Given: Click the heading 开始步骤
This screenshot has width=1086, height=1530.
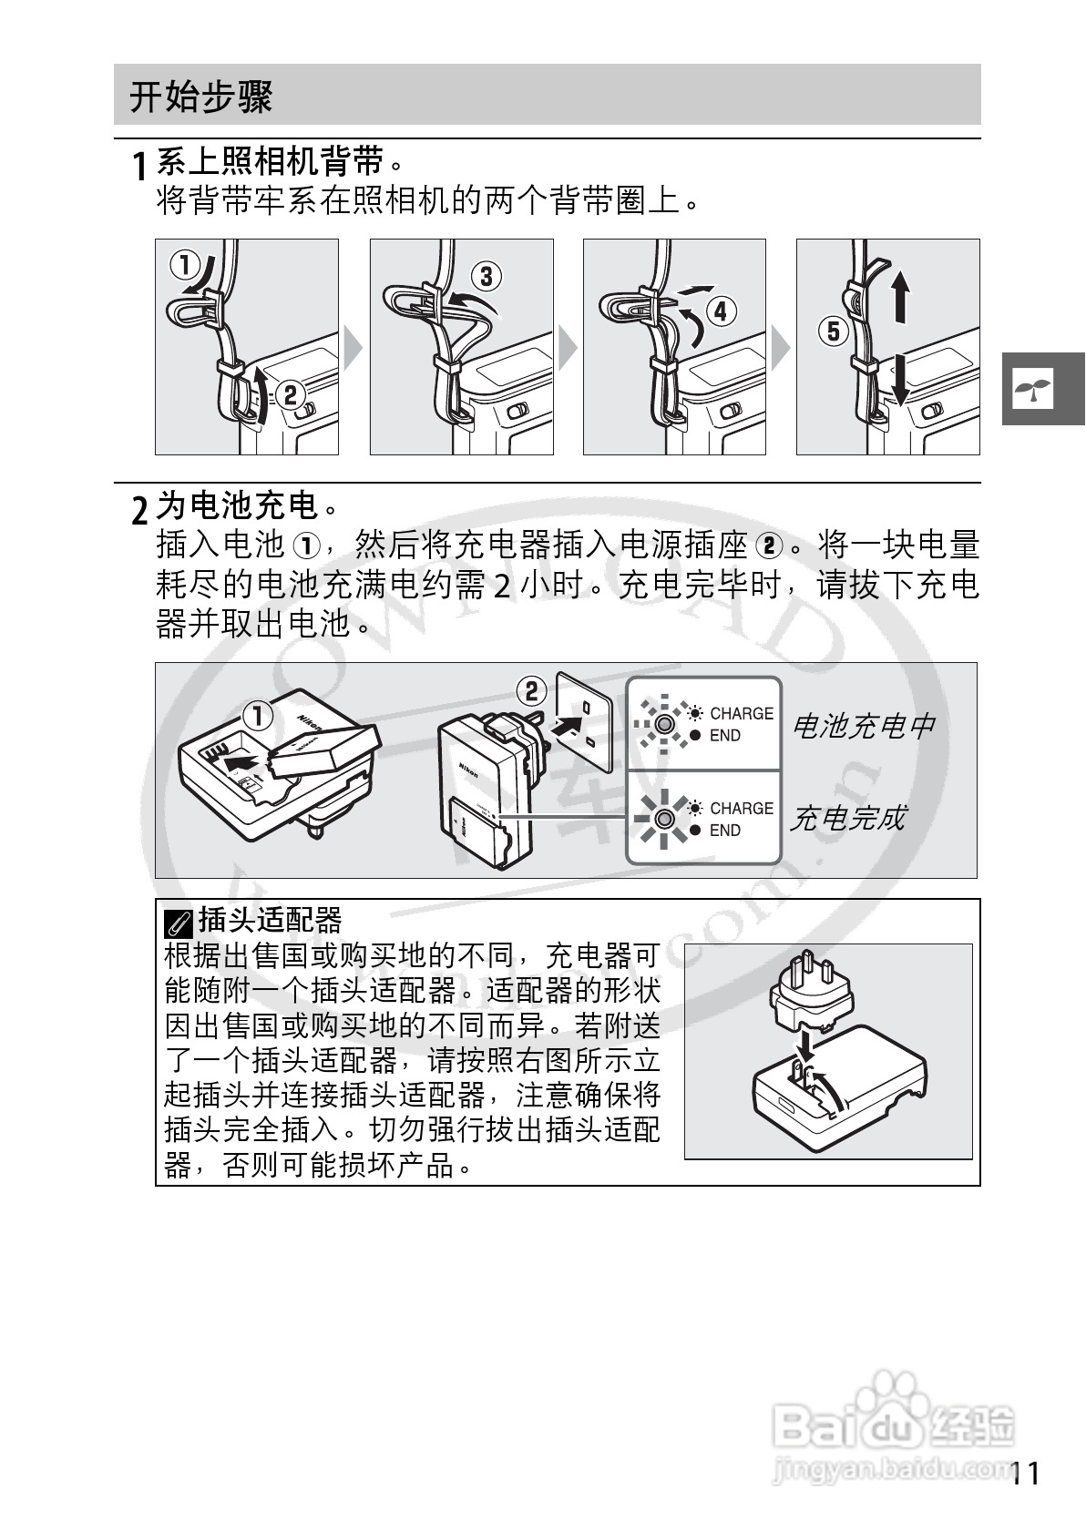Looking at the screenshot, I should coord(200,97).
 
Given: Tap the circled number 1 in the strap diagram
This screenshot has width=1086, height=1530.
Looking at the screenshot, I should coord(185,266).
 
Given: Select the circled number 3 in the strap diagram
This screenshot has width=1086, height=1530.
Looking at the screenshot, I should coord(486,276).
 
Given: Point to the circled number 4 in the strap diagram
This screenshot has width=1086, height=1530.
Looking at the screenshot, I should coord(721,312).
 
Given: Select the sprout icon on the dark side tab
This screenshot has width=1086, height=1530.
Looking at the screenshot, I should coord(1034,389).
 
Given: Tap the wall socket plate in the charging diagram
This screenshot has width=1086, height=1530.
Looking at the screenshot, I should coord(588,723).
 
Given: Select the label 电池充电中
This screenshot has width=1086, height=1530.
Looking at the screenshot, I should coord(864,726).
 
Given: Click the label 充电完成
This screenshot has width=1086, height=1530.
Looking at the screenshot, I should coord(847,818).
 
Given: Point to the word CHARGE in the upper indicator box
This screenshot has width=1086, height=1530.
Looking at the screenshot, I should coord(741,713).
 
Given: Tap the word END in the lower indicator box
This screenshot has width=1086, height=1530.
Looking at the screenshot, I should coord(724,830).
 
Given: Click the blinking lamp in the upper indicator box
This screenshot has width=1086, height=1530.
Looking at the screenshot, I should coord(664,725).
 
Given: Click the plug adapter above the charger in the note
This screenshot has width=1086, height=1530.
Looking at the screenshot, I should coord(810,993).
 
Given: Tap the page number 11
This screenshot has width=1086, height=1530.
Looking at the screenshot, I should coord(1025,1473).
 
